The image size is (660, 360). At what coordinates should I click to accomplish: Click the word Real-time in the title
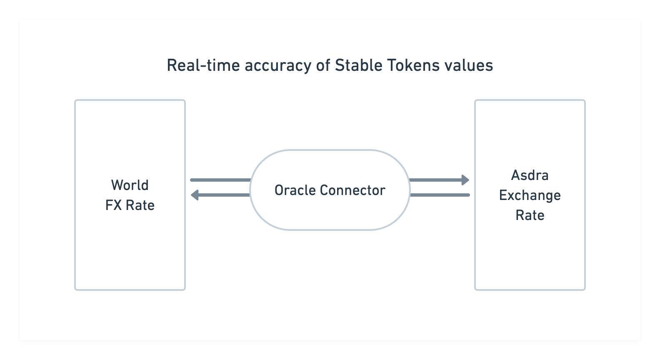tap(203, 65)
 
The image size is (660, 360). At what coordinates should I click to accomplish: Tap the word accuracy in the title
tap(278, 66)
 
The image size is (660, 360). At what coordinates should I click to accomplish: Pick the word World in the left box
tap(130, 185)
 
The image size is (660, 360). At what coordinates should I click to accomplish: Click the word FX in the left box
tap(113, 205)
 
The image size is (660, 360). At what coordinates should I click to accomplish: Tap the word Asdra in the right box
tap(530, 175)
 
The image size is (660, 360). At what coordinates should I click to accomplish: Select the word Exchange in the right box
tap(530, 196)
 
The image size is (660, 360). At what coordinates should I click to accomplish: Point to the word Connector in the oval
tap(352, 190)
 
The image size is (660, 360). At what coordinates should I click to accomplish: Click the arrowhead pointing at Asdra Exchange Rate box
tap(465, 180)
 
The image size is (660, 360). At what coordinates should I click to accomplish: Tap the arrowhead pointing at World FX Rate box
tap(195, 195)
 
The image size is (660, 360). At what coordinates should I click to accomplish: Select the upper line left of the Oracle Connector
tap(220, 180)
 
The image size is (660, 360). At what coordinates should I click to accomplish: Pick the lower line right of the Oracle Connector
tap(440, 195)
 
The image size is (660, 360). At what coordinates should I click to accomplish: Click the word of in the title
tap(323, 65)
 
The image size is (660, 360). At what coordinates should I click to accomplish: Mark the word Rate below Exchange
tap(530, 215)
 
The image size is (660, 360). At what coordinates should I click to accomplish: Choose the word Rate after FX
tap(140, 205)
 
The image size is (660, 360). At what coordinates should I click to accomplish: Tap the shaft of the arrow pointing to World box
tap(224, 195)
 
